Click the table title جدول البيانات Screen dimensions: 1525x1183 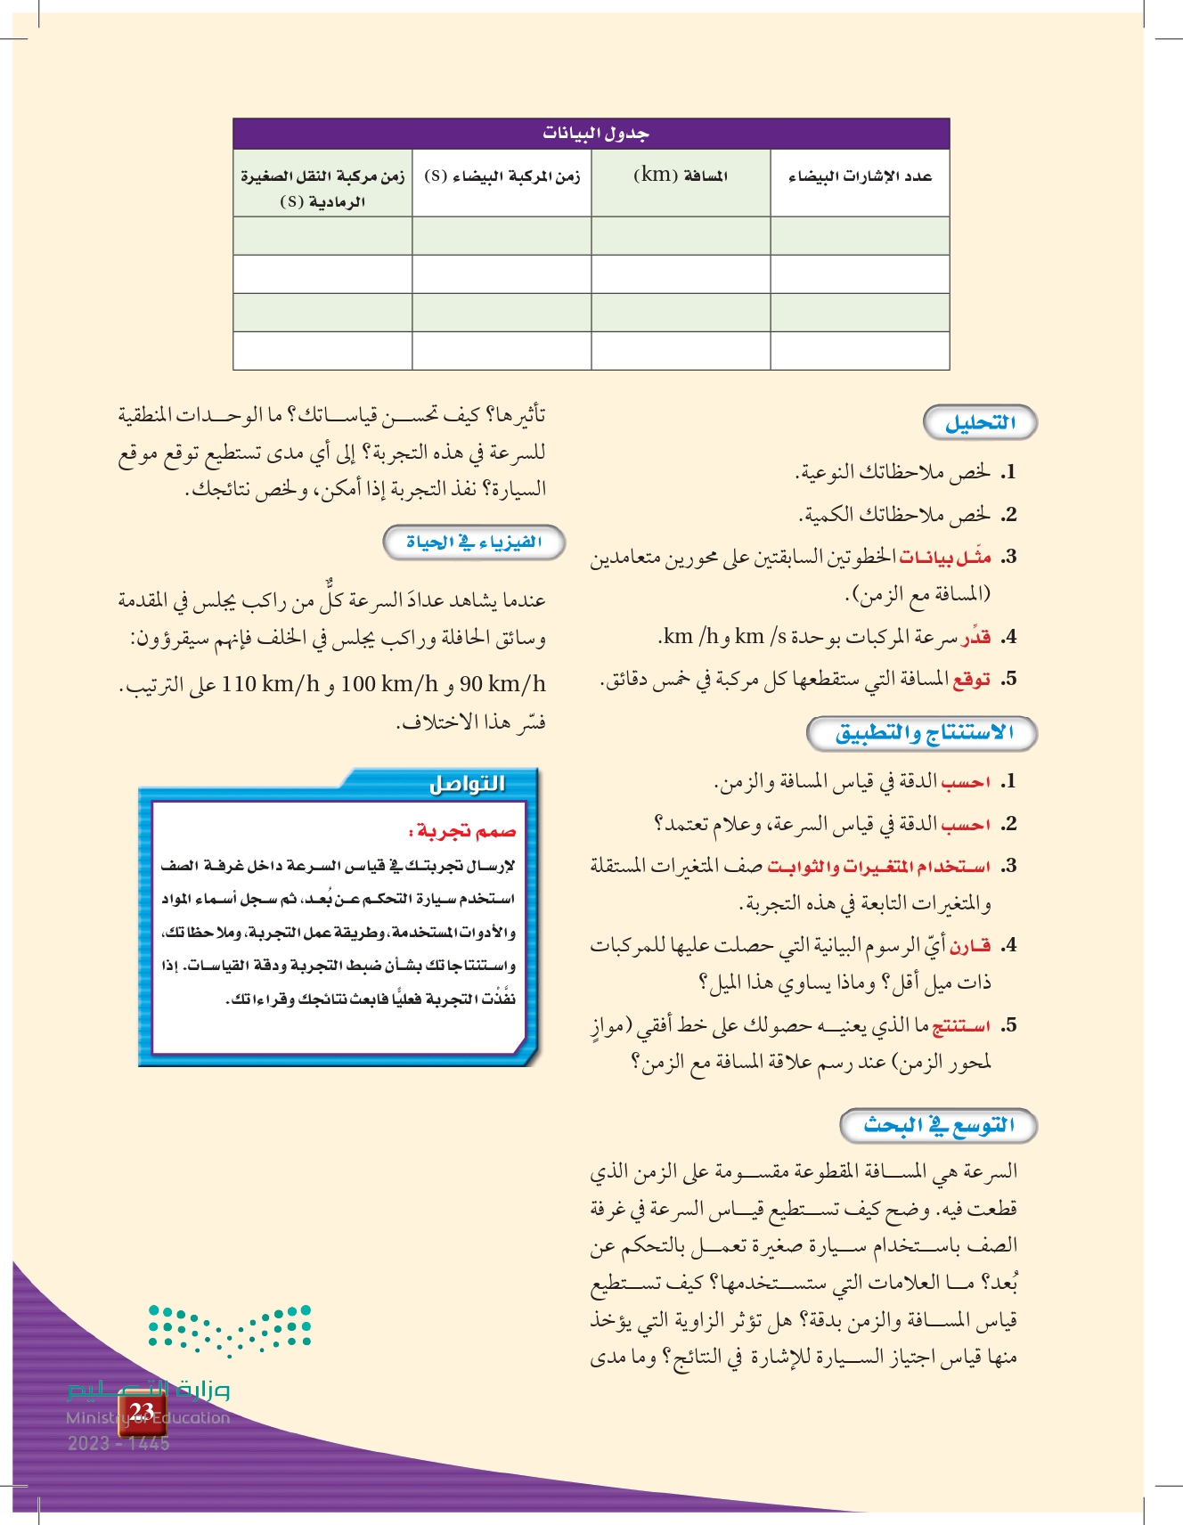click(595, 134)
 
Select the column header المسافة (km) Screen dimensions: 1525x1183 click(681, 175)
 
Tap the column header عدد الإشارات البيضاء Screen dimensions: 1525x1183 click(860, 176)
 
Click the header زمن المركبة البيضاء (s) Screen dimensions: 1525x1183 click(502, 175)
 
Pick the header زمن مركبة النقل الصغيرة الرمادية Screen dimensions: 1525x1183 click(322, 188)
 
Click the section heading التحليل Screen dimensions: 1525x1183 click(980, 423)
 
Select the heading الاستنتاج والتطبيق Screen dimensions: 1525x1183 click(924, 733)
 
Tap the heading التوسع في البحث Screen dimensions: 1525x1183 click(939, 1125)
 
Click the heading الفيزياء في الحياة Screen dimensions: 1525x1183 click(474, 542)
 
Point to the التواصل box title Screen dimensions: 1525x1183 click(467, 784)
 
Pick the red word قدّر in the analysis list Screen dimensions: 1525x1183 click(976, 637)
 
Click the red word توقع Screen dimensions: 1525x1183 click(971, 680)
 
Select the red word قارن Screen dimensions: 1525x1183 click(970, 945)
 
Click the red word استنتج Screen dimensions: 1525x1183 click(961, 1026)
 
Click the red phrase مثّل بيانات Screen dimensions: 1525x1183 click(945, 558)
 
